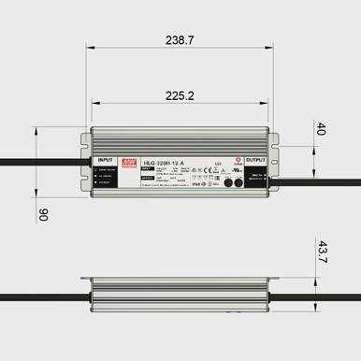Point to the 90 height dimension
pos(41,214)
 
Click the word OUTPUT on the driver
pos(255,160)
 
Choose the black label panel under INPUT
pos(105,179)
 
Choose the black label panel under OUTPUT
pos(255,179)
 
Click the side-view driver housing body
pos(179,296)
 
